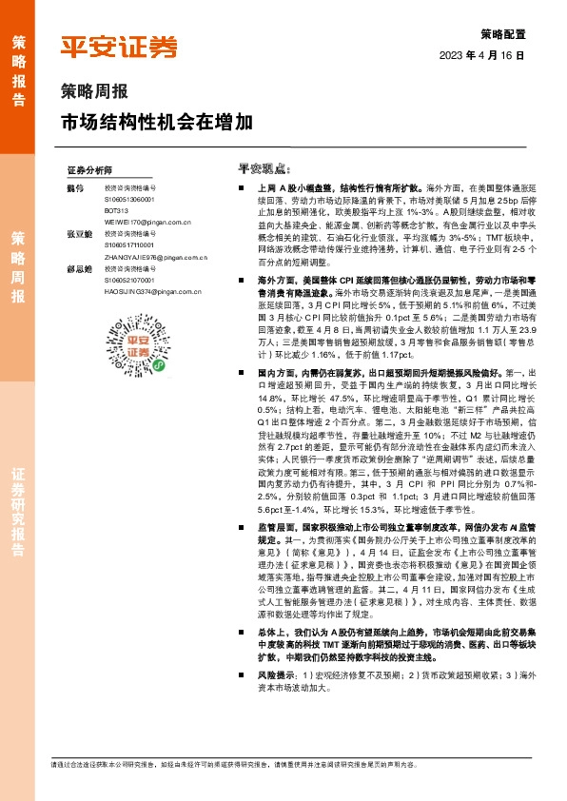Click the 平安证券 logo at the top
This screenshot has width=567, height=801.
pyautogui.click(x=120, y=47)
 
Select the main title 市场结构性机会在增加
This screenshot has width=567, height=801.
pyautogui.click(x=157, y=122)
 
